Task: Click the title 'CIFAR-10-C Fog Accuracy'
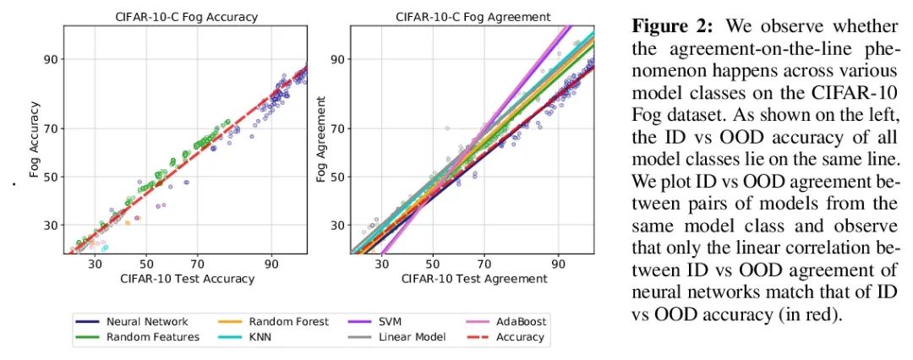pyautogui.click(x=187, y=16)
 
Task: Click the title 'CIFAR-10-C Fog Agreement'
pyautogui.click(x=473, y=16)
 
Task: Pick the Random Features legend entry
pyautogui.click(x=152, y=337)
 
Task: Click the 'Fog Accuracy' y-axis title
pyautogui.click(x=35, y=139)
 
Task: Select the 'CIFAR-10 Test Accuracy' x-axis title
pyautogui.click(x=187, y=279)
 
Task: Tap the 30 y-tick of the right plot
pyautogui.click(x=337, y=225)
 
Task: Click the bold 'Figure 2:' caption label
pyautogui.click(x=662, y=26)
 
